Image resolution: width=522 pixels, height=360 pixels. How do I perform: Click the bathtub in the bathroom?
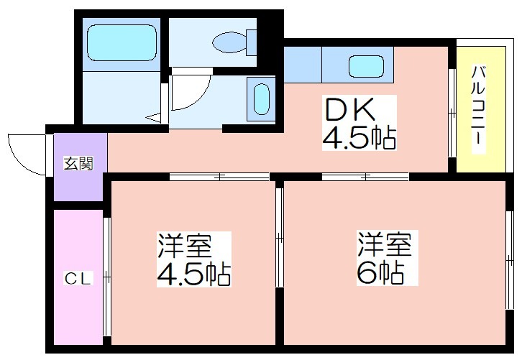[122, 42]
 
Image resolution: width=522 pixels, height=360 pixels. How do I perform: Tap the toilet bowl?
[229, 42]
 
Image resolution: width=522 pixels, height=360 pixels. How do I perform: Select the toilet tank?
[252, 42]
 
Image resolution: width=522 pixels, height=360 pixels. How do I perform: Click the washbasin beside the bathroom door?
[261, 99]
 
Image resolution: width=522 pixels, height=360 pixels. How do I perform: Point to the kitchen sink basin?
[366, 66]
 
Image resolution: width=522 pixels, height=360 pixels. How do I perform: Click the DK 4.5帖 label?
[360, 123]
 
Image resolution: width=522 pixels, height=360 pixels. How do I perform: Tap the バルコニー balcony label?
[478, 110]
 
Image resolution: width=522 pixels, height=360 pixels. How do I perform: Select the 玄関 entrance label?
[78, 163]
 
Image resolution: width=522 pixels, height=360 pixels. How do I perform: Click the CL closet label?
[78, 279]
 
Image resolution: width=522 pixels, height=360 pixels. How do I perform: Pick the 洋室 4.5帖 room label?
[194, 259]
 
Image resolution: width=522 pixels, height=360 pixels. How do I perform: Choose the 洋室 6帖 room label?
[387, 258]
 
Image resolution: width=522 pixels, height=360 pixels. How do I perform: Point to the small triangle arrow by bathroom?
[154, 117]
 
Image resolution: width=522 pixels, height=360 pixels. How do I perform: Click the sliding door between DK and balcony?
[452, 113]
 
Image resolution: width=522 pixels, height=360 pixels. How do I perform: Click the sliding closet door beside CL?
[106, 277]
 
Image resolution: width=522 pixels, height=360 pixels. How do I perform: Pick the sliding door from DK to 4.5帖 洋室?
[219, 177]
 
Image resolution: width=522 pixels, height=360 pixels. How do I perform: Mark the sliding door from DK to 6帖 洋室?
[365, 177]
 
